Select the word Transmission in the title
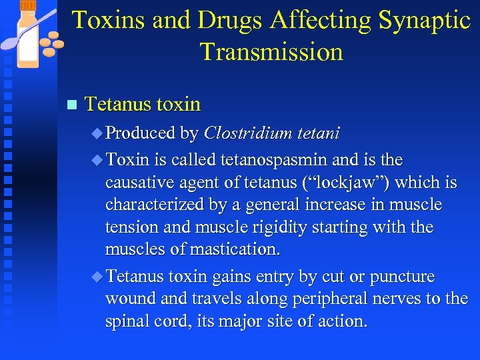(271, 51)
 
